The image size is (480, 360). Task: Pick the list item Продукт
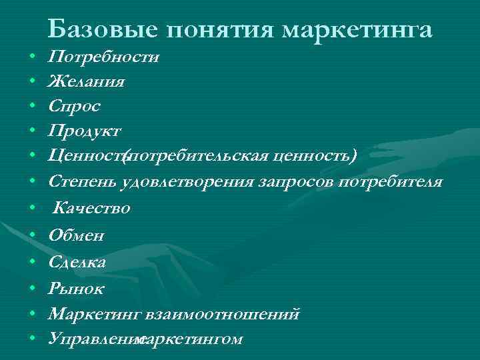click(85, 130)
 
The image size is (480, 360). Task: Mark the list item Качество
click(92, 208)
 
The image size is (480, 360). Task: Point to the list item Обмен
click(76, 235)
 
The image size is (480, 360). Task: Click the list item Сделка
click(77, 261)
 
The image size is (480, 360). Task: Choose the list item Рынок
click(76, 288)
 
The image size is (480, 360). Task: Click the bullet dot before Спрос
click(33, 107)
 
